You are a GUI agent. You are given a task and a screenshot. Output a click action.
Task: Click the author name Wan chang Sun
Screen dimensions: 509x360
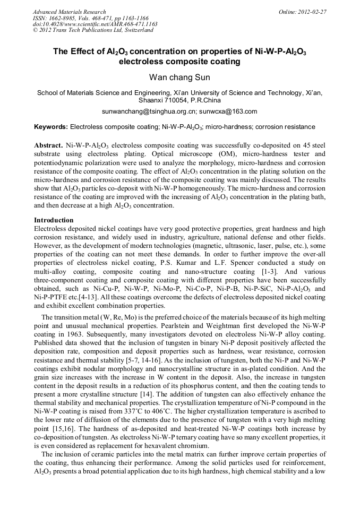coord(179,77)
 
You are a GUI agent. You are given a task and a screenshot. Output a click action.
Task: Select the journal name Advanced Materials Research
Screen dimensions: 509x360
coord(69,12)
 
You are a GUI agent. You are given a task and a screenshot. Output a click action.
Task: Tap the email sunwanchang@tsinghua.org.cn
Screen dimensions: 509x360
coord(149,111)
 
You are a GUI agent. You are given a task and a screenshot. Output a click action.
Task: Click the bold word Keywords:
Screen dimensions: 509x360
coord(51,127)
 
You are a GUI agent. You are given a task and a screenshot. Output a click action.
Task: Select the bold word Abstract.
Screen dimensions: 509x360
coord(48,145)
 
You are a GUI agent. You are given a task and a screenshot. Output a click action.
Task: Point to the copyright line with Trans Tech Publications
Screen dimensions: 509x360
coord(93,30)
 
